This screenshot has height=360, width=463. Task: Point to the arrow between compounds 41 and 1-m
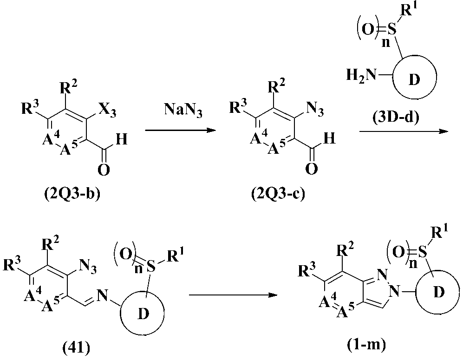pyautogui.click(x=234, y=294)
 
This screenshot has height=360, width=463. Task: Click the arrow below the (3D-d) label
pyautogui.click(x=403, y=132)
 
